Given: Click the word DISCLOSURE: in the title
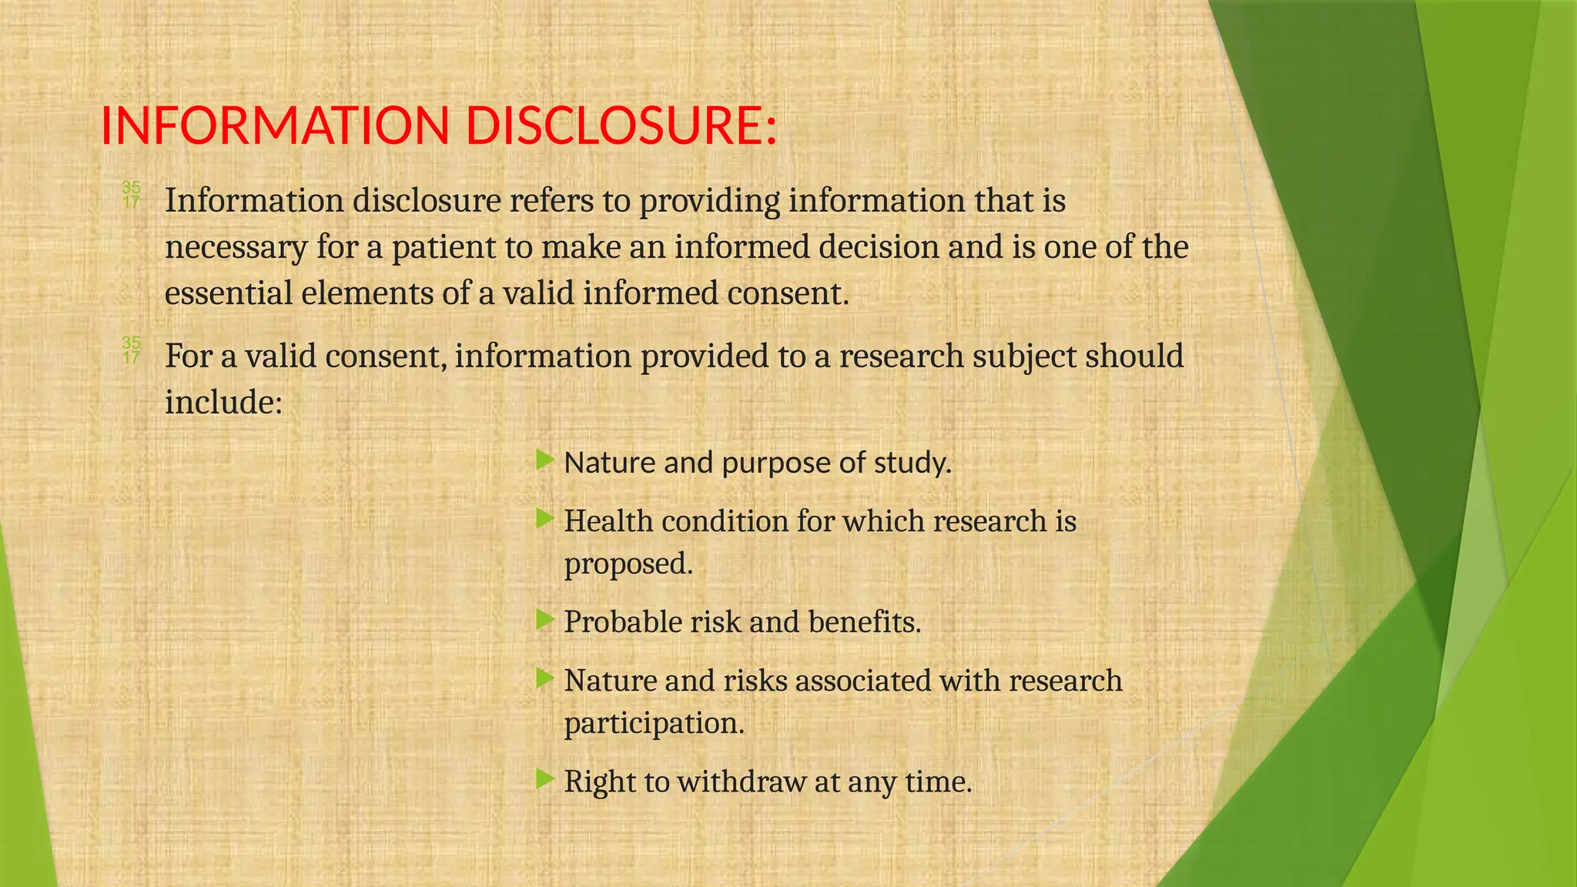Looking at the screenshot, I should point(621,126).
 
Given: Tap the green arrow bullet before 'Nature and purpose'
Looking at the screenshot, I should point(544,461).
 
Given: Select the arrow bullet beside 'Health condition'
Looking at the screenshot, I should point(544,519).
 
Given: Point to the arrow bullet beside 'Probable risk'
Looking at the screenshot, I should point(544,620).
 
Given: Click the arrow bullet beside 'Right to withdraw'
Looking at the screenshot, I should point(544,779).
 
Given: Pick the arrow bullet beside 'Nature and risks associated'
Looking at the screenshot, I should point(544,678).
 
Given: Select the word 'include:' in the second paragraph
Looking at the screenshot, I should point(224,402).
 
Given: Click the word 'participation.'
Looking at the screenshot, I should point(655,724).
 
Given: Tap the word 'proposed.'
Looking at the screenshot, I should point(628,564).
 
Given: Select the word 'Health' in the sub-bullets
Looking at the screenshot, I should point(608,521).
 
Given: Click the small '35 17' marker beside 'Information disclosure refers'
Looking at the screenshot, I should point(132,195).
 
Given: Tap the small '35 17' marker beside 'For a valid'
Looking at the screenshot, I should point(132,350).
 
